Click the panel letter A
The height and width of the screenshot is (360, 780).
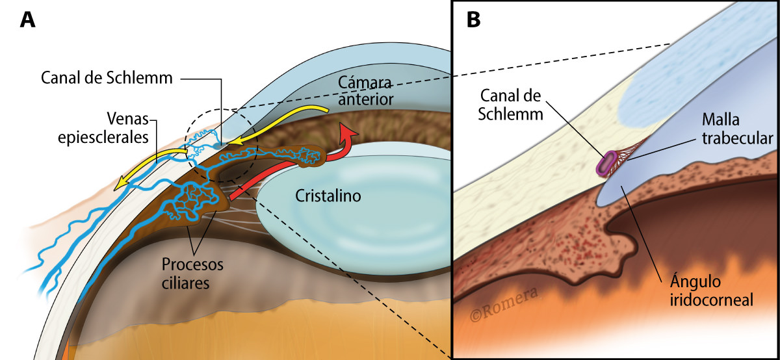click(x=27, y=20)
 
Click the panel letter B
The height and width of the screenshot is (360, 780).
click(x=474, y=20)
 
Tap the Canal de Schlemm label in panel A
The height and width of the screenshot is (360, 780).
click(x=107, y=79)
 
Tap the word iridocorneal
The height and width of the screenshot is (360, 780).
click(x=710, y=301)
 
